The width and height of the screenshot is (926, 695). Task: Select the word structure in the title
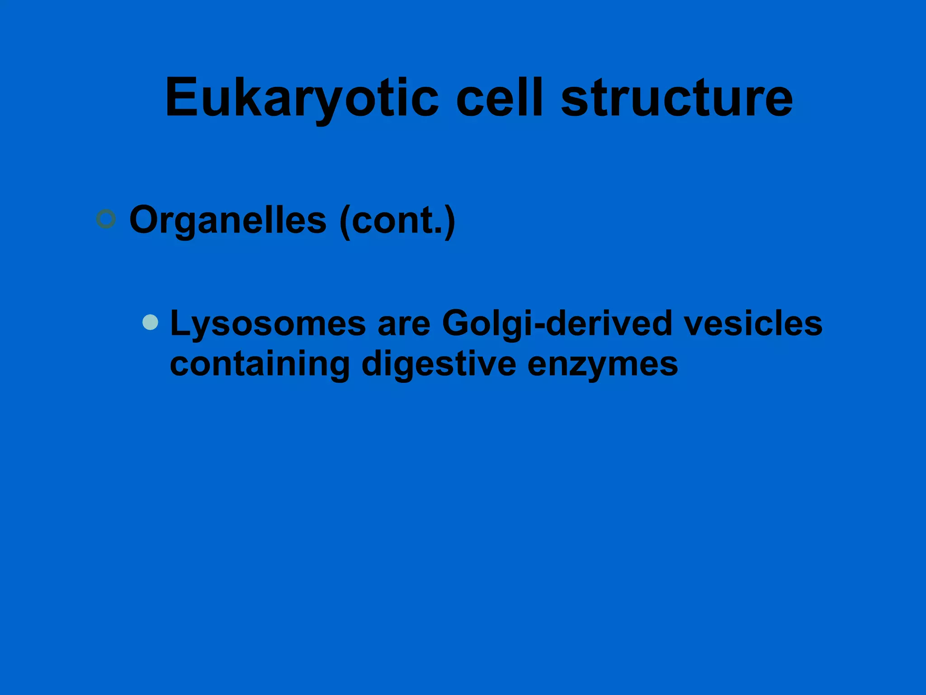(676, 98)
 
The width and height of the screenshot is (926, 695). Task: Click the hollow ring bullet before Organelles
(106, 219)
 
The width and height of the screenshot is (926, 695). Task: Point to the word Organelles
(227, 220)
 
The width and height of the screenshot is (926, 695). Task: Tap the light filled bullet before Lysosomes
(150, 322)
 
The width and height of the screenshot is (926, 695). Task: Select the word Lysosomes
(268, 324)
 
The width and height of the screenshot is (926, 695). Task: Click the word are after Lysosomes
(404, 324)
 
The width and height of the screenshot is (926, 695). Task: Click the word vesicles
(752, 324)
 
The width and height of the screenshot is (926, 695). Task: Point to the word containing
(260, 364)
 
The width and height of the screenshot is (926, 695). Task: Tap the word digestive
(439, 364)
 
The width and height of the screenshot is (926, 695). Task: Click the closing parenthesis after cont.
(449, 221)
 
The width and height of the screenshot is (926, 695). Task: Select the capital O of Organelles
(145, 219)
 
